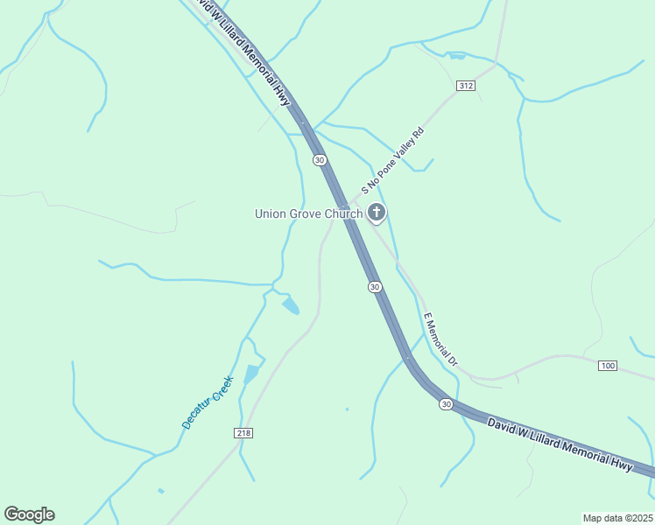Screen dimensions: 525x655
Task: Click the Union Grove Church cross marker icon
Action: click(377, 212)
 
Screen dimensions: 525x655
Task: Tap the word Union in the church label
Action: click(271, 213)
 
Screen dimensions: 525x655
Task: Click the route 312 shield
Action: click(465, 85)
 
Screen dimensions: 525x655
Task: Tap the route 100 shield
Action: click(608, 364)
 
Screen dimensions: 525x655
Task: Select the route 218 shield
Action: click(244, 433)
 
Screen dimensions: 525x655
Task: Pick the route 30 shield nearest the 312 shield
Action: click(319, 159)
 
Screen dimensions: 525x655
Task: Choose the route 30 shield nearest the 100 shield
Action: click(446, 404)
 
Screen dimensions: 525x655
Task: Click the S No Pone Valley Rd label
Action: click(394, 160)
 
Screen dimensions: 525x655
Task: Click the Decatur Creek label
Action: click(208, 402)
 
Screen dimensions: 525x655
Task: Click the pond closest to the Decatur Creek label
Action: click(252, 374)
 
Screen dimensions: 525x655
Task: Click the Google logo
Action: click(29, 514)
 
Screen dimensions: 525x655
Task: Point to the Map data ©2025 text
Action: click(617, 517)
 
